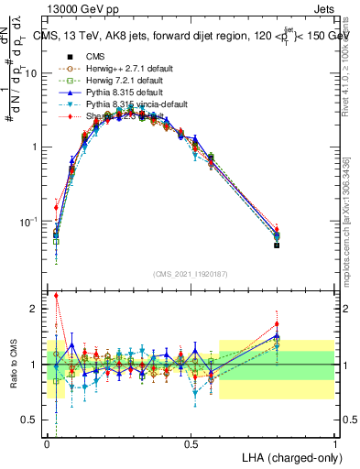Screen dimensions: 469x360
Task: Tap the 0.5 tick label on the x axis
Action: click(191, 444)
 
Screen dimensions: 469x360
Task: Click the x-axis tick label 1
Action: click(335, 444)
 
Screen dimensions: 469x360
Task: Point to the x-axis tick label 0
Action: click(48, 444)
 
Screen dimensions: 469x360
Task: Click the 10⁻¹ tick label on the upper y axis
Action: click(30, 222)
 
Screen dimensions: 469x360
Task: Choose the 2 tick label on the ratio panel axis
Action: click(37, 309)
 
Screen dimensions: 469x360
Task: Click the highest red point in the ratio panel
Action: click(56, 296)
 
